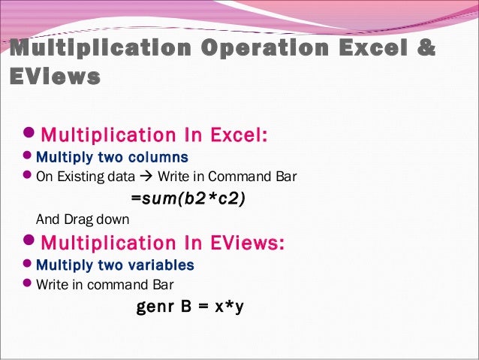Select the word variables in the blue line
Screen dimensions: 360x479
(161, 265)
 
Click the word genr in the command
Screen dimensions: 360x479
(152, 307)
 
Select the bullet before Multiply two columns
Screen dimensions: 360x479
(28, 158)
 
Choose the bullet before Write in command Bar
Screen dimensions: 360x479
(28, 285)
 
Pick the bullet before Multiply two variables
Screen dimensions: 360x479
(28, 265)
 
